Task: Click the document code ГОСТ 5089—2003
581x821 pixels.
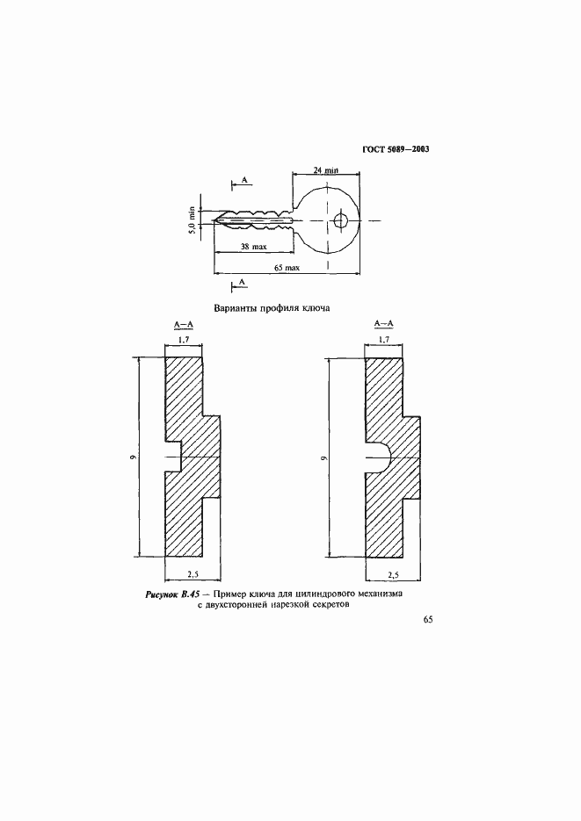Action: point(396,149)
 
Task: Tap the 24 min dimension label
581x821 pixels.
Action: point(326,170)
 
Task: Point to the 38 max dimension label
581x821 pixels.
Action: point(254,246)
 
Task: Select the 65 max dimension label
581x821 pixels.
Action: point(287,268)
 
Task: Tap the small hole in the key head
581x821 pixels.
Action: point(340,220)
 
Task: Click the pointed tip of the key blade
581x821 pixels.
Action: point(214,220)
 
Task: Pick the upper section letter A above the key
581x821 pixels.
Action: point(244,180)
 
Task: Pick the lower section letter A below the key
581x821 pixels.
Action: point(242,282)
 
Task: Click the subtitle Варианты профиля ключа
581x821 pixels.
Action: point(272,308)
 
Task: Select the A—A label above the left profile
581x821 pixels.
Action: point(184,325)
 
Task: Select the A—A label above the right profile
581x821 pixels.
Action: point(384,324)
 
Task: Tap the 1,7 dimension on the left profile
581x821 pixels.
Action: point(183,340)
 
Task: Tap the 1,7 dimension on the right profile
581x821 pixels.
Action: point(383,339)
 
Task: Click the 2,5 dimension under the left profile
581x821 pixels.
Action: point(192,574)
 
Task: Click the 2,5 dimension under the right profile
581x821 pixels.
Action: point(393,574)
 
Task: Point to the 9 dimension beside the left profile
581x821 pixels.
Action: point(134,457)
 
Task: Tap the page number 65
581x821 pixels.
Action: point(427,619)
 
